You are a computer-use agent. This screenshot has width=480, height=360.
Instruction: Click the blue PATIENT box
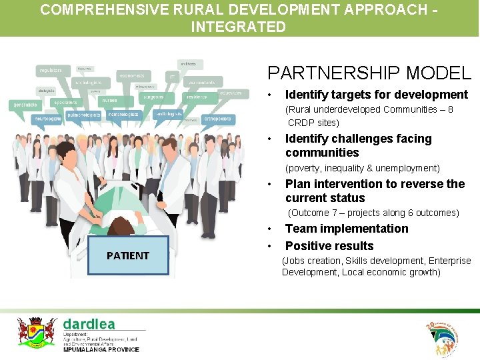pyautogui.click(x=128, y=255)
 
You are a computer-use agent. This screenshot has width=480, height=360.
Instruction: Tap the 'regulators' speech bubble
pyautogui.click(x=51, y=71)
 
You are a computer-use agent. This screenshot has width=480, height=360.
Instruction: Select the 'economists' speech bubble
pyautogui.click(x=132, y=76)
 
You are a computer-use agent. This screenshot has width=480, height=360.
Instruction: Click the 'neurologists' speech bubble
pyautogui.click(x=47, y=119)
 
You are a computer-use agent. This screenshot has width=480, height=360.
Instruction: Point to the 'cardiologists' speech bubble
pyautogui.click(x=169, y=114)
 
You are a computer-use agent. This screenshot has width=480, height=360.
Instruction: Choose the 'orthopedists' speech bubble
pyautogui.click(x=217, y=119)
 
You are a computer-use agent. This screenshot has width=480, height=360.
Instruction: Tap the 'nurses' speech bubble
pyautogui.click(x=109, y=100)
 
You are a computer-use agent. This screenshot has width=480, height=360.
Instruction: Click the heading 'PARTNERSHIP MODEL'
pyautogui.click(x=369, y=73)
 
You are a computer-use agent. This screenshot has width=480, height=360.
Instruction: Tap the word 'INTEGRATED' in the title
pyautogui.click(x=238, y=27)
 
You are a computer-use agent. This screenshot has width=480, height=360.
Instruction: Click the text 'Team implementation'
pyautogui.click(x=346, y=229)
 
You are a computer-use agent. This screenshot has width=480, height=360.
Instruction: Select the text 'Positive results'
pyautogui.click(x=329, y=246)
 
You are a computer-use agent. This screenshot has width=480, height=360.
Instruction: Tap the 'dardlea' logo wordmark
pyautogui.click(x=89, y=324)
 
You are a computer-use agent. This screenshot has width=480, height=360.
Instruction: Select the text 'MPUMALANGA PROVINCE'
pyautogui.click(x=101, y=349)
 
